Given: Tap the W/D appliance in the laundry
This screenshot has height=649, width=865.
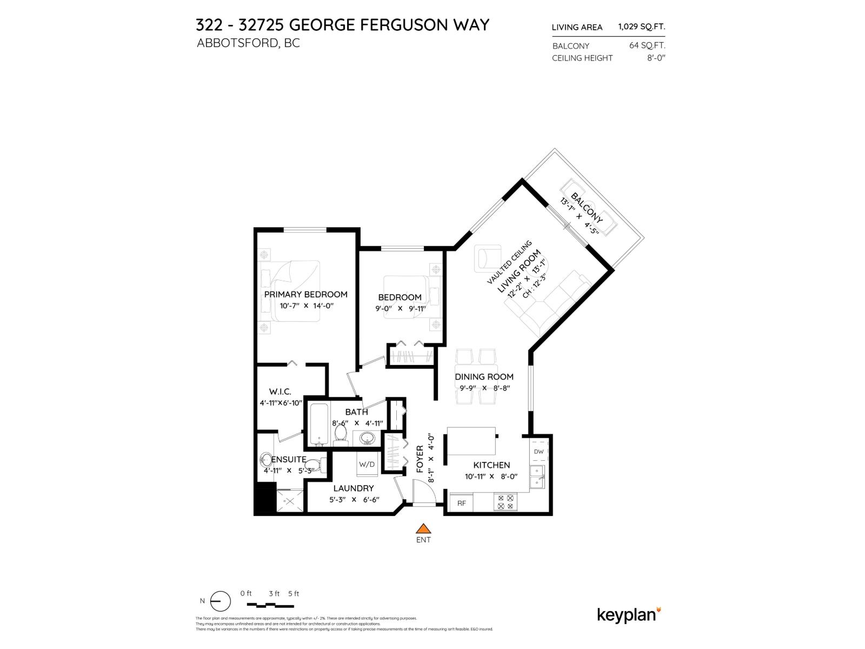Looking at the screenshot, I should tap(367, 464).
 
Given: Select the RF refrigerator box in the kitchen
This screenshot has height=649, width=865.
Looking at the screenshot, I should tap(461, 503).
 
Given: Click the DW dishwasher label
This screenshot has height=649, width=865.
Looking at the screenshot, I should tap(538, 452).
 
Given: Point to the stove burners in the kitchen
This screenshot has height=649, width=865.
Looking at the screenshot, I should tap(506, 502).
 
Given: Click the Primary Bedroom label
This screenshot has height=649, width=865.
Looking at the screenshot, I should tap(305, 294).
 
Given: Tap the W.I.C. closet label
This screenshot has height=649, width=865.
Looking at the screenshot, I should tap(280, 391).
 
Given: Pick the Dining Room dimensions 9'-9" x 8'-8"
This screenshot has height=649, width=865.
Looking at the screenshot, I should tap(484, 388).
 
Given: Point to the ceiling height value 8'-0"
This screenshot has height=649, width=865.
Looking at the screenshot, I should tap(656, 58).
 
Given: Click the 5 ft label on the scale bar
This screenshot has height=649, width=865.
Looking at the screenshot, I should tap(294, 593).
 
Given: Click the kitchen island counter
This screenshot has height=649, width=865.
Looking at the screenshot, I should tap(471, 442).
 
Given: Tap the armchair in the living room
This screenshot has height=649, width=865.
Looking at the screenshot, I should tap(488, 258).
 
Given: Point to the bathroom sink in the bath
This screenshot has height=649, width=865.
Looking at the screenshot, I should tap(368, 438).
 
